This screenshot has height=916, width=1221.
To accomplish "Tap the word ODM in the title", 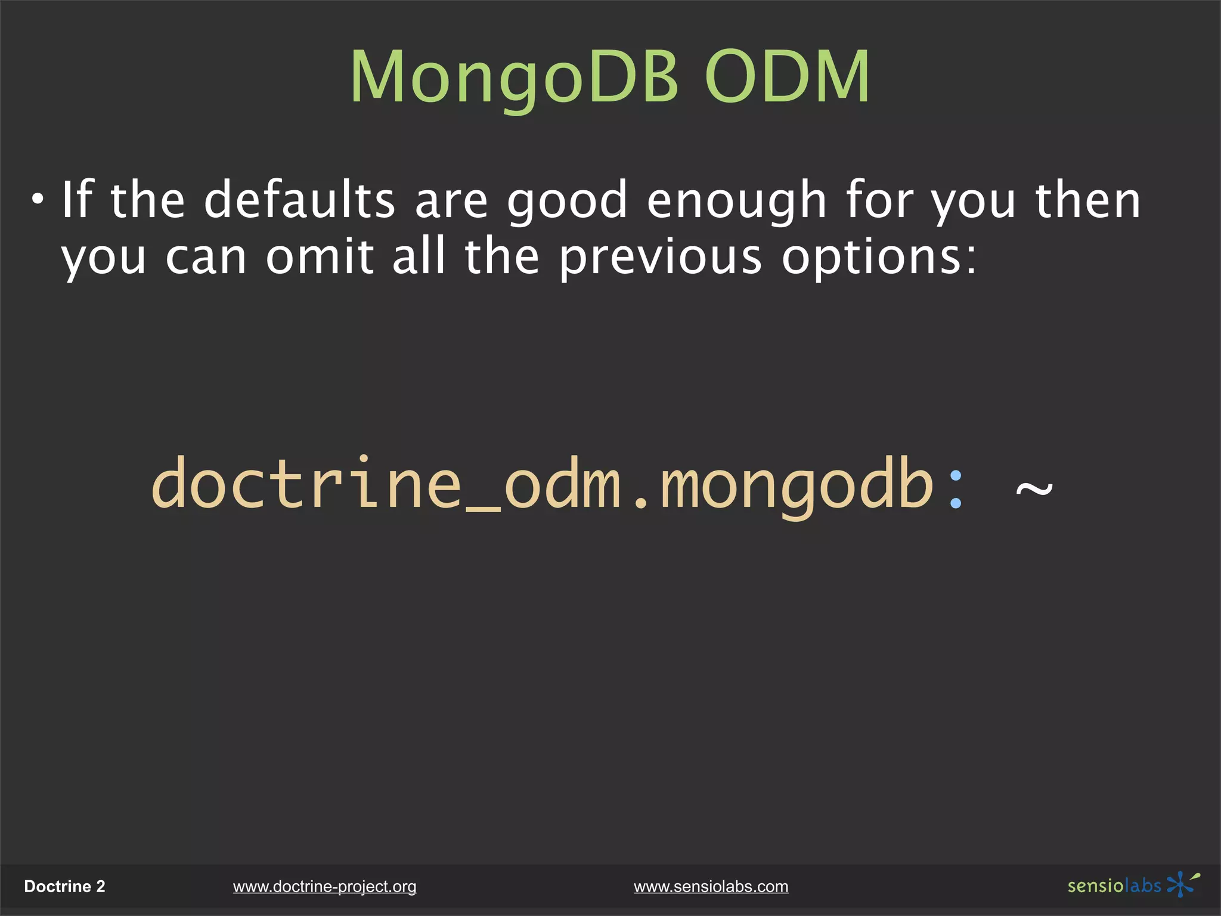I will (787, 78).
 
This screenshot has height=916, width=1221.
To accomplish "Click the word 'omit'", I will (320, 258).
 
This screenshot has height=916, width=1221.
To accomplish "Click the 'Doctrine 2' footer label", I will (64, 887).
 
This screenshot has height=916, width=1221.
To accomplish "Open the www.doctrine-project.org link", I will (324, 887).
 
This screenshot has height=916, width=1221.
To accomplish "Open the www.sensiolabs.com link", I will (711, 887).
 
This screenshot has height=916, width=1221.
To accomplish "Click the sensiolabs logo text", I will (1114, 886).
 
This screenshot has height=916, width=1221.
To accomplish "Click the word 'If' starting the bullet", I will (78, 200).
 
